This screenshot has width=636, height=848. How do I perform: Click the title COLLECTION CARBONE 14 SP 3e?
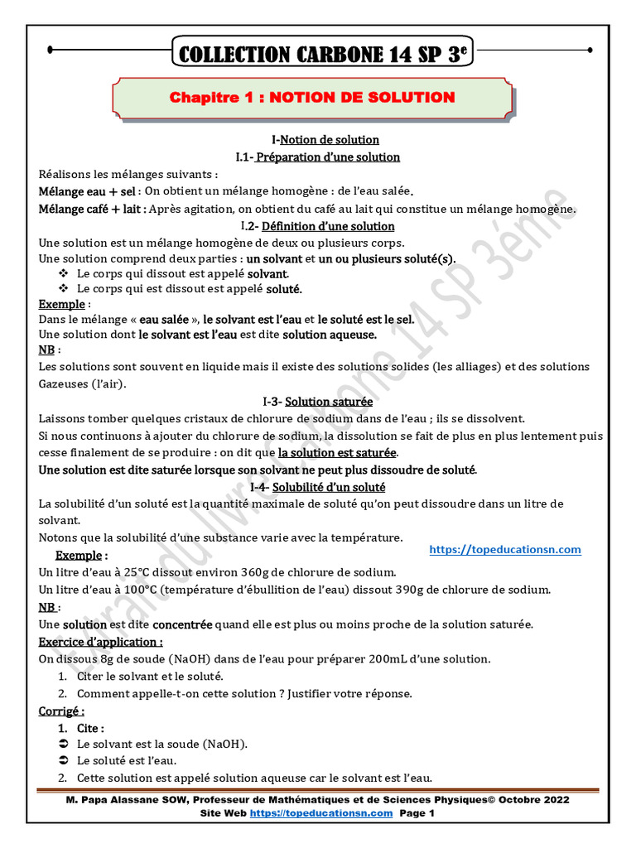point(318,55)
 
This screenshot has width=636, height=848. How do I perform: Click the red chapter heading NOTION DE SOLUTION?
point(312,98)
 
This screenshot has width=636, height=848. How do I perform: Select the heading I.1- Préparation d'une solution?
point(318,157)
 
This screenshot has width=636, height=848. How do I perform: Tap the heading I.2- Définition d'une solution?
point(317,226)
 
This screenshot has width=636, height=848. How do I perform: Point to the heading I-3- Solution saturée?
point(317,402)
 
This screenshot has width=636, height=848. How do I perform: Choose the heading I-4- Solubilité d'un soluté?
point(318,487)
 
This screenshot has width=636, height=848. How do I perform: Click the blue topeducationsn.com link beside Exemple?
point(505,549)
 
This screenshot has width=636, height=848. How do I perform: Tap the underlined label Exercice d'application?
point(100,642)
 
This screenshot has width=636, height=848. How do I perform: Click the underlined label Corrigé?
point(60,711)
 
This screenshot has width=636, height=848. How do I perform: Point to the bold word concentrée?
point(182,624)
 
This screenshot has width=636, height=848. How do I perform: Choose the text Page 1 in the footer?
point(417,813)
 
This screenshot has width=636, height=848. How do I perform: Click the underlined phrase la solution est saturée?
point(337,453)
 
